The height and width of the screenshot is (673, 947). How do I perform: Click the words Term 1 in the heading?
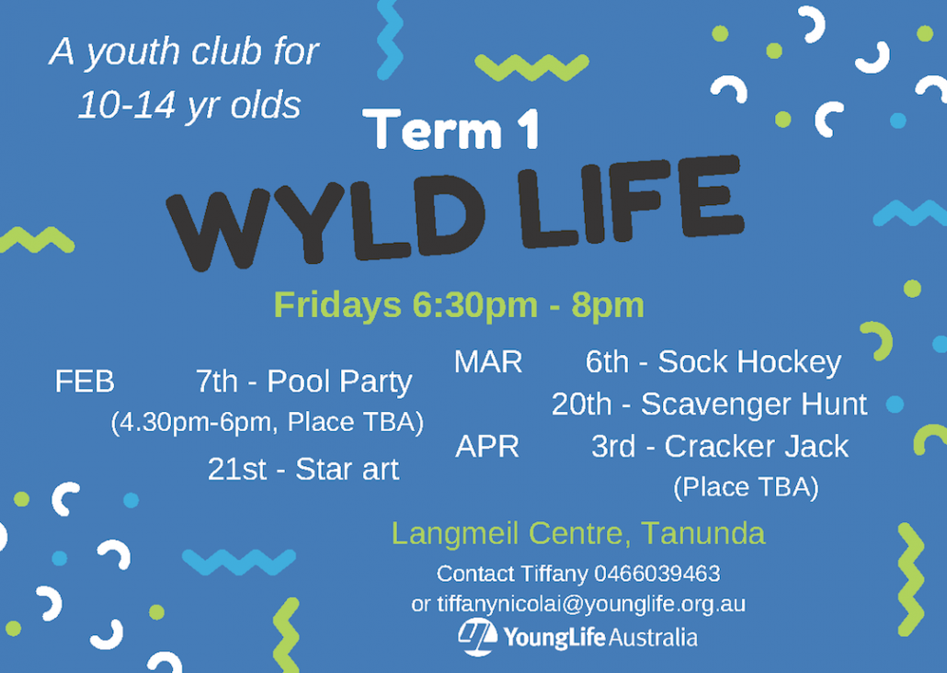click(x=451, y=129)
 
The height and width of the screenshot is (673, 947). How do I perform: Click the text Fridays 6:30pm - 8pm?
click(x=459, y=304)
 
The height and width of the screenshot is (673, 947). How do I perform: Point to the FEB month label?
click(x=85, y=382)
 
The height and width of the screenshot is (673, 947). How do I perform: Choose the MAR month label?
click(x=488, y=362)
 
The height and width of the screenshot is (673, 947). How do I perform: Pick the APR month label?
click(x=487, y=447)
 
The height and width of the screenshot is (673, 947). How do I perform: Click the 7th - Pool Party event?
click(x=303, y=382)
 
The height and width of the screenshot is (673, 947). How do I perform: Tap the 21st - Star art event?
click(x=303, y=470)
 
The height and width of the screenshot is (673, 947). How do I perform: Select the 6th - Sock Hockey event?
click(x=713, y=362)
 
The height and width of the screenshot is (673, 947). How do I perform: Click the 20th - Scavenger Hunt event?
click(x=709, y=405)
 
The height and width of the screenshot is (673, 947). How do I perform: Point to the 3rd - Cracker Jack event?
click(x=720, y=447)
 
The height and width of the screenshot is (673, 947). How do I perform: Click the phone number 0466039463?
click(x=657, y=574)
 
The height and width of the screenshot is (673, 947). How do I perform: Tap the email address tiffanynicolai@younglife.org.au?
click(x=591, y=603)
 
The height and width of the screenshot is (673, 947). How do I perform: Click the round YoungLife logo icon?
click(x=477, y=637)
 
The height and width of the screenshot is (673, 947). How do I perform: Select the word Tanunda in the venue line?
click(x=703, y=533)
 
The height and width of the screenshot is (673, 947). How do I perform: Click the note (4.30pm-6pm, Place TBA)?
click(x=267, y=422)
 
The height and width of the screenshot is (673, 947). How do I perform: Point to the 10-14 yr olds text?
click(x=189, y=105)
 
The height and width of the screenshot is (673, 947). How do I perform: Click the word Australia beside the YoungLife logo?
click(x=653, y=638)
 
